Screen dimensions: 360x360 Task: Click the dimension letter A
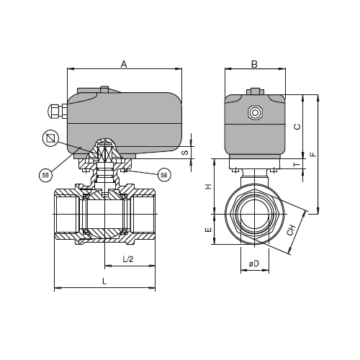click(x=124, y=64)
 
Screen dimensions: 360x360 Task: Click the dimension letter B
click(x=254, y=64)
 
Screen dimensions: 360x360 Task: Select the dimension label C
click(x=297, y=127)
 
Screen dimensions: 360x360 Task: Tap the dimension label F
click(x=313, y=154)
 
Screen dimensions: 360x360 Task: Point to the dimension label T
click(x=297, y=164)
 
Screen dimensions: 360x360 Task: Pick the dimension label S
click(x=185, y=152)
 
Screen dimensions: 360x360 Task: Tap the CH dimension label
click(x=292, y=230)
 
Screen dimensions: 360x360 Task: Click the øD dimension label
click(x=254, y=264)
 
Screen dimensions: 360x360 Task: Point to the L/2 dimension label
click(x=128, y=259)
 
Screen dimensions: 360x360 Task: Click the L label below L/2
click(x=104, y=282)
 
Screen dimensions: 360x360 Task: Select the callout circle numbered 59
click(x=45, y=175)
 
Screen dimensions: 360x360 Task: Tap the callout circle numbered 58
click(x=164, y=175)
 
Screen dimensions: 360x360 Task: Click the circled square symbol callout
click(x=50, y=138)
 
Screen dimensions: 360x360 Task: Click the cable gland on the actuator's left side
click(x=58, y=111)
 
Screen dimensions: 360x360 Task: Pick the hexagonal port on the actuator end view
click(x=255, y=112)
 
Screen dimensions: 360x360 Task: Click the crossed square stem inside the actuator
click(x=104, y=153)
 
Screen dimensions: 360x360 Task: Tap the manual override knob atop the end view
click(x=255, y=91)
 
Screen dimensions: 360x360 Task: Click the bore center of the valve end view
click(x=255, y=214)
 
